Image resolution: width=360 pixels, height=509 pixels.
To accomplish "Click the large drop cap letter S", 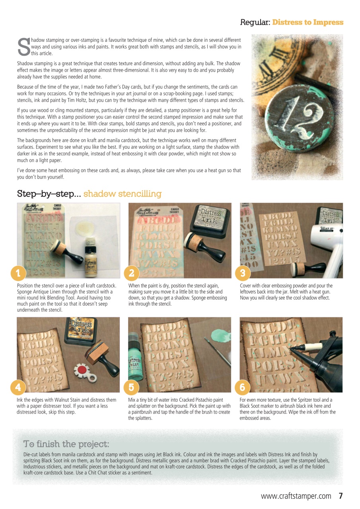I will [x=23, y=47].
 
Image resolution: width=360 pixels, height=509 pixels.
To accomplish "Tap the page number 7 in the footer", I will [x=341, y=496].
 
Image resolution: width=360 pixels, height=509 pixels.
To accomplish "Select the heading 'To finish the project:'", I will [x=66, y=443].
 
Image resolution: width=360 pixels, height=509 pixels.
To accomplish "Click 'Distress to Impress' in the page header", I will [x=307, y=22].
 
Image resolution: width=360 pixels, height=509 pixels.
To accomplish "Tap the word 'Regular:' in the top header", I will [x=255, y=22].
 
